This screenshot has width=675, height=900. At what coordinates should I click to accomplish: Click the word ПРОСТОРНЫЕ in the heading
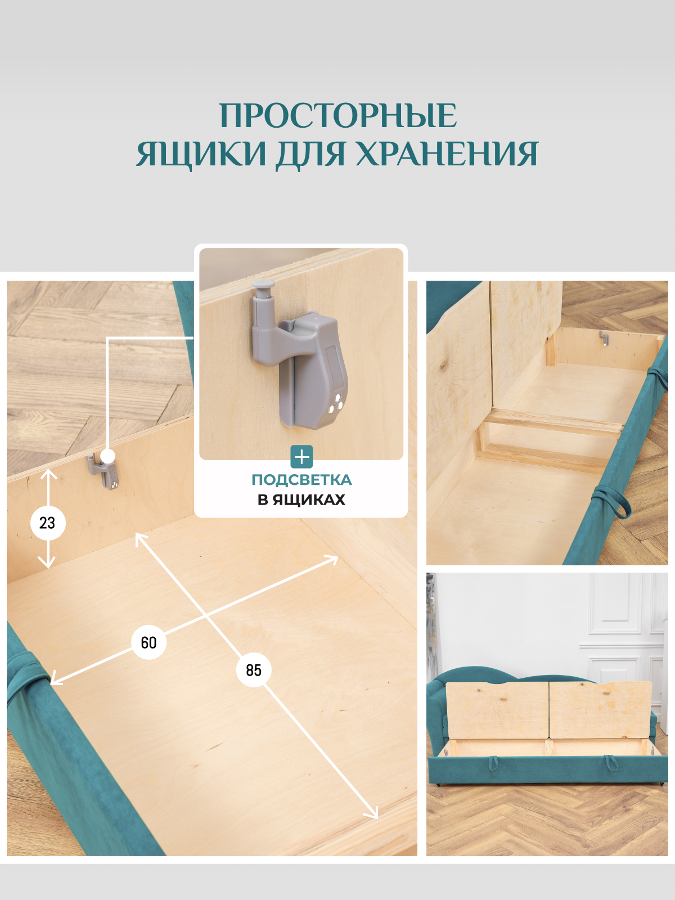337,116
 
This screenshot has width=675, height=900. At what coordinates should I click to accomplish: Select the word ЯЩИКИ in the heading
201,154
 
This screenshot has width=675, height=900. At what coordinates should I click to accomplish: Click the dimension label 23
48,523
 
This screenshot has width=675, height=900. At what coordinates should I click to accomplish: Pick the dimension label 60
148,642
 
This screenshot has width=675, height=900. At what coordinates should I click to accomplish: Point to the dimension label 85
254,670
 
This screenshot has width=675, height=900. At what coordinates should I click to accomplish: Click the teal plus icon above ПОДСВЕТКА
301,457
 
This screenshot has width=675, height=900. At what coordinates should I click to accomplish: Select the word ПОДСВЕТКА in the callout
301,480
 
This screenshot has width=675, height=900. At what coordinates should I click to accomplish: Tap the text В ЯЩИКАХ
301,499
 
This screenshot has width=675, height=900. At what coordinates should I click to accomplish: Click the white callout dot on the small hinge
108,456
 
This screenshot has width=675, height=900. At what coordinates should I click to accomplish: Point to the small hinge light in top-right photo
604,339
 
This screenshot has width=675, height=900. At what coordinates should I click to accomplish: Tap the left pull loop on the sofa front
493,763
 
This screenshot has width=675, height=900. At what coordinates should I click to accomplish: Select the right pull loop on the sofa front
610,763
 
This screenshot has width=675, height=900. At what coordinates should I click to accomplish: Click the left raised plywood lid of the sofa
497,710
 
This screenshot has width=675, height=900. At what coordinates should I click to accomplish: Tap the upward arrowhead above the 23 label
49,474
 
